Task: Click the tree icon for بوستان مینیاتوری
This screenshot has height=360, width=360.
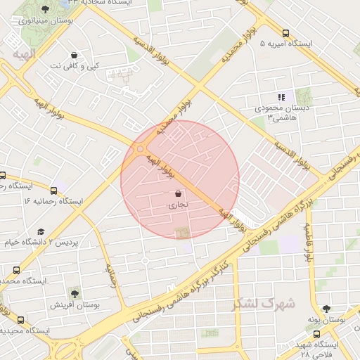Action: click(x=46, y=9)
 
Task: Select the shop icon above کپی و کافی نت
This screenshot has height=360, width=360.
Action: click(x=75, y=55)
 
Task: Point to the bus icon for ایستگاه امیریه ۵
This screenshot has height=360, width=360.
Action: click(x=285, y=33)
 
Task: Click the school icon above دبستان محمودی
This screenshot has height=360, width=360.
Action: click(x=281, y=98)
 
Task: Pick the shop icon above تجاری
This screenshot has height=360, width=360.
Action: click(x=177, y=193)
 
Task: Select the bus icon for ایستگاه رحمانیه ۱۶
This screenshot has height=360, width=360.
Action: click(x=54, y=190)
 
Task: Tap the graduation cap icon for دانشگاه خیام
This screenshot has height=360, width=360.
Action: click(x=41, y=231)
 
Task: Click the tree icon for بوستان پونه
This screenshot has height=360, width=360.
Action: click(x=326, y=308)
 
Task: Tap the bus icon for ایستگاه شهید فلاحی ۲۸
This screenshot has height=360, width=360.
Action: click(x=317, y=335)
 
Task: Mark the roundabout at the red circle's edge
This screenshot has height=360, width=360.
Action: click(x=140, y=148)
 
